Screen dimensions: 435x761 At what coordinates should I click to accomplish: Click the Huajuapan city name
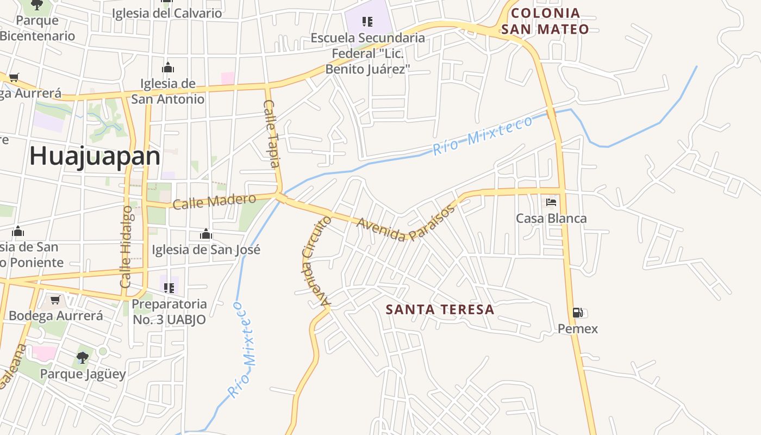tap(95, 157)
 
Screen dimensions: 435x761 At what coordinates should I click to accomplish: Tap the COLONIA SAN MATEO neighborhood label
tap(545, 21)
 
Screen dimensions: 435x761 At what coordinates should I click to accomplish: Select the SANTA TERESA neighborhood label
tap(440, 309)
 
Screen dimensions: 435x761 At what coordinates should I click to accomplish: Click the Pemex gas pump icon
tap(577, 313)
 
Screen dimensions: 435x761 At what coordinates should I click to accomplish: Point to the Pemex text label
tap(577, 329)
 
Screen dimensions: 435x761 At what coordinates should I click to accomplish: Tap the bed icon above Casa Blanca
tap(551, 202)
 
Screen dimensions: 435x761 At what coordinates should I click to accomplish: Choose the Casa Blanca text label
tap(551, 219)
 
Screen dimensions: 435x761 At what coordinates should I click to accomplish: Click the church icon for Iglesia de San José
tap(206, 234)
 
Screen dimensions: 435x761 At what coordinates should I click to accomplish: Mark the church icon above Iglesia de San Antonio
tap(168, 68)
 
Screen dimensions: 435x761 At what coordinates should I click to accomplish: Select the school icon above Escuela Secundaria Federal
tap(367, 22)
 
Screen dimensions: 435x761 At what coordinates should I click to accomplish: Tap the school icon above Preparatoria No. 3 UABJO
tap(169, 288)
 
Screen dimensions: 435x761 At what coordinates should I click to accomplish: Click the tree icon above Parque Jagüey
tap(83, 358)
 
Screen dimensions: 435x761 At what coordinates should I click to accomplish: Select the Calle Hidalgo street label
tap(126, 247)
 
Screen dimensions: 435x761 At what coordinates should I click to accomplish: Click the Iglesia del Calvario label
tap(167, 14)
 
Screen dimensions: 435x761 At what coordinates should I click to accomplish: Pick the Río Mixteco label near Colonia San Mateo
tap(483, 135)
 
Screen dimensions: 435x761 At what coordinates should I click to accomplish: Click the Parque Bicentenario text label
tap(37, 28)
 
